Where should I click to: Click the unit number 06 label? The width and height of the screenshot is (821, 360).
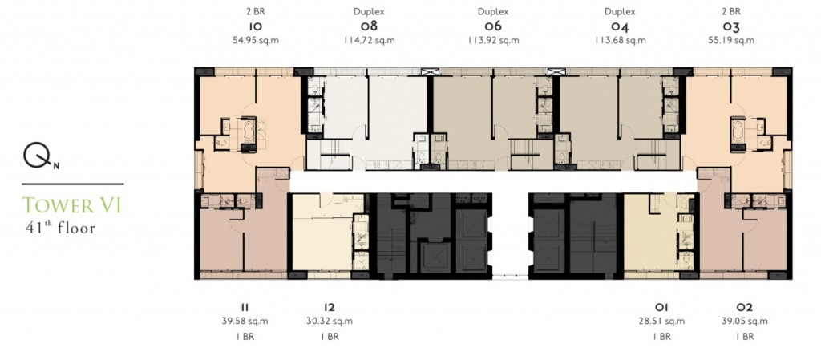click(492, 26)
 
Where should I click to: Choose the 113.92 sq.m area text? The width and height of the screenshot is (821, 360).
click(492, 39)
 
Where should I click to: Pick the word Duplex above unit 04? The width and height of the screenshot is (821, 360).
click(620, 12)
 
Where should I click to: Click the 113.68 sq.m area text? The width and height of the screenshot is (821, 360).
click(620, 39)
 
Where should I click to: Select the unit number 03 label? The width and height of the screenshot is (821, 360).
click(730, 26)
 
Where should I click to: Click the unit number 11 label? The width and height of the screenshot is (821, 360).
click(245, 307)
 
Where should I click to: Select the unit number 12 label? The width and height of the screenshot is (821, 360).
click(329, 307)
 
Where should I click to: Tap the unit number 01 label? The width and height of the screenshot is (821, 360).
click(661, 307)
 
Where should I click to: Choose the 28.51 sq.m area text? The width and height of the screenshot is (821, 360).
click(661, 321)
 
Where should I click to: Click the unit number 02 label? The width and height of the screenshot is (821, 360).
click(743, 307)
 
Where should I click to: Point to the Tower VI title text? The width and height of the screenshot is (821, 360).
click(72, 205)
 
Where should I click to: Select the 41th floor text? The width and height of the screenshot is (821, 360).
click(60, 228)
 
